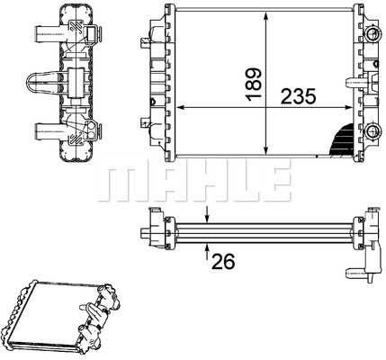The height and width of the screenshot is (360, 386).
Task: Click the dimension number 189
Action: point(254,85)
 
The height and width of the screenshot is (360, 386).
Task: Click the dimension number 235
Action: point(299,96)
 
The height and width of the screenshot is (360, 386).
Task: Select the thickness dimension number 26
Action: point(223,261)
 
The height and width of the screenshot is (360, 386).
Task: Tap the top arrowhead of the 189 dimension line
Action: point(265,16)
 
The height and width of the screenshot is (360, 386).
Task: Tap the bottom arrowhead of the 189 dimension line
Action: point(265,151)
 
